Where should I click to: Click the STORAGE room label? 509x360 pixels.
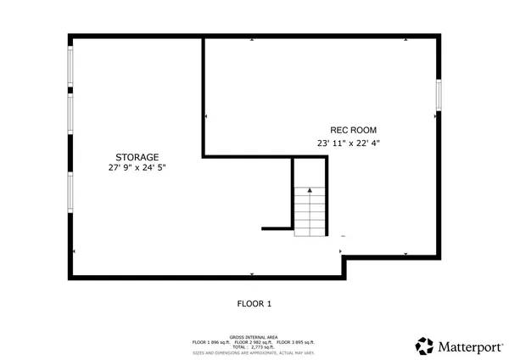point(137,157)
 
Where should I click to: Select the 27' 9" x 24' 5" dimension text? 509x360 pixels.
point(137,168)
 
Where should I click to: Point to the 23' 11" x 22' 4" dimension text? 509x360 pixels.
point(348,143)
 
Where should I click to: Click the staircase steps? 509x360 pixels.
point(309,212)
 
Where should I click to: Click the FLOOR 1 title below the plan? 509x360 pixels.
point(254,303)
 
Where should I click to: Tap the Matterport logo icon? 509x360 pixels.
point(424,346)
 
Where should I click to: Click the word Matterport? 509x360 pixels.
point(467,346)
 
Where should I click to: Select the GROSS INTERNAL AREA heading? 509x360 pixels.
point(254,336)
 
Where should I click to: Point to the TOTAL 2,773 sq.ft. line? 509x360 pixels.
point(254,346)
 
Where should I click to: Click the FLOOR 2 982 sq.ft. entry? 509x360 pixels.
point(254,341)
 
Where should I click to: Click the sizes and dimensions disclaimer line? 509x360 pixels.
point(254,352)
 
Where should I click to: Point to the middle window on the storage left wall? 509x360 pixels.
point(70,115)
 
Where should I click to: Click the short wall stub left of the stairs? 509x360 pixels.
point(277,228)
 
